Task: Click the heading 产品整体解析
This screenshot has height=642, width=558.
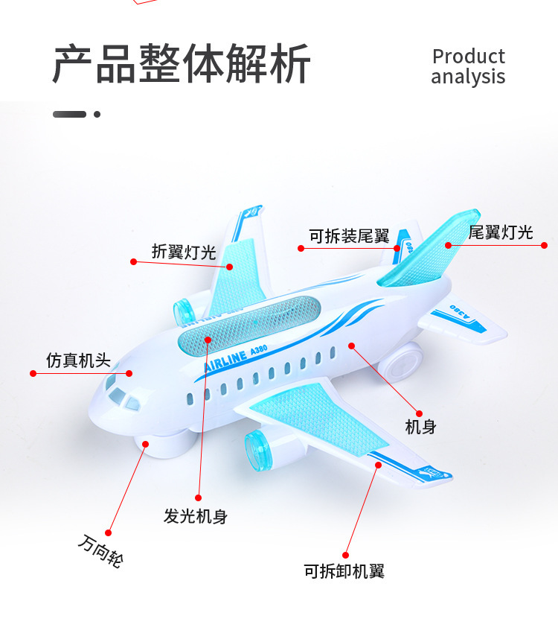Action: [182, 64]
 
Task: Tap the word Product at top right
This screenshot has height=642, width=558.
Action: [468, 57]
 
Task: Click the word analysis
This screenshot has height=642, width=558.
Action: [468, 77]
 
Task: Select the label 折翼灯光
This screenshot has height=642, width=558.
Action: [184, 252]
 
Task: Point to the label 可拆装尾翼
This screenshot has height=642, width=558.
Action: [349, 236]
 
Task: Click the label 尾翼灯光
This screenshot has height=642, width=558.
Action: [501, 232]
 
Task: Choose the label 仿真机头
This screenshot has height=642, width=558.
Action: [78, 360]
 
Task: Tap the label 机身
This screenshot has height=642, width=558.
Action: [420, 427]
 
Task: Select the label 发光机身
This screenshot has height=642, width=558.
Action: [196, 515]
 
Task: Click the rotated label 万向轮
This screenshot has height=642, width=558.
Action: [100, 552]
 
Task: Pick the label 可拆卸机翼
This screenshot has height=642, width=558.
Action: [344, 571]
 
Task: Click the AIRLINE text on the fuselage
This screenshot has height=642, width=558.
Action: [225, 360]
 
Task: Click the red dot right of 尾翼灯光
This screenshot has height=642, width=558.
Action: [544, 245]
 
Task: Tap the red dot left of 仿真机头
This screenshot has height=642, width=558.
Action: [33, 373]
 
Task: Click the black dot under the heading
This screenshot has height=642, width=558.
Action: [97, 114]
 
